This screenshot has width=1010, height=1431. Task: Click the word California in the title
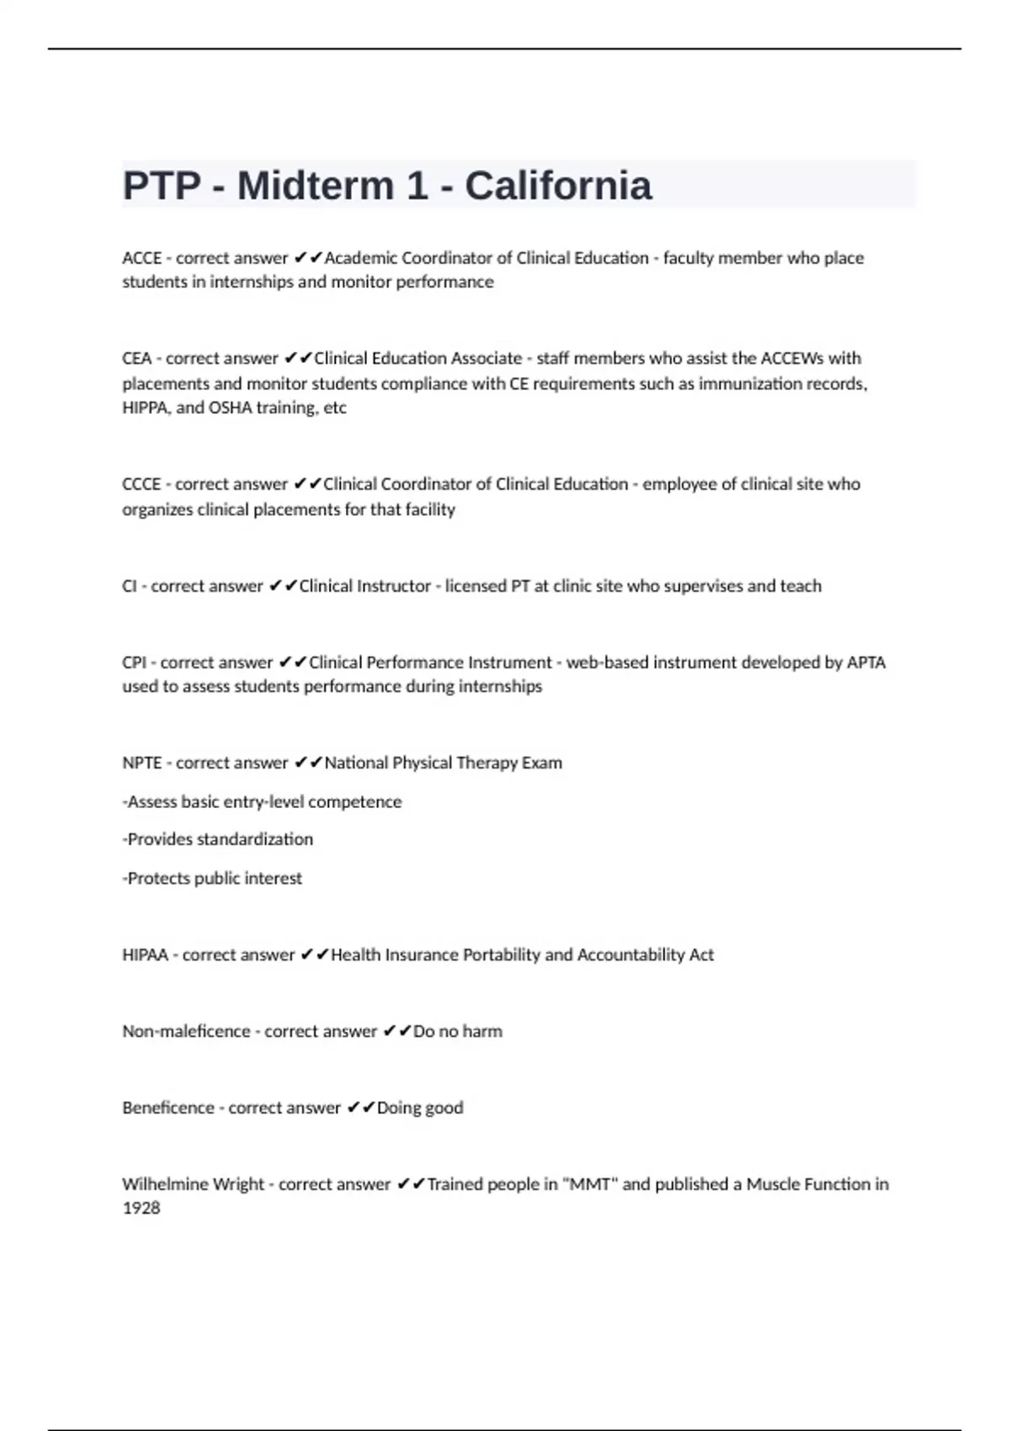click(x=558, y=186)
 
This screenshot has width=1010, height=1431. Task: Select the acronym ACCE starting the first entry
click(x=141, y=258)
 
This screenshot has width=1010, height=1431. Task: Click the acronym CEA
click(x=136, y=359)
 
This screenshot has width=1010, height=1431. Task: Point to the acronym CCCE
click(x=141, y=484)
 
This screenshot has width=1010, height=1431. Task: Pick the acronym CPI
click(x=134, y=662)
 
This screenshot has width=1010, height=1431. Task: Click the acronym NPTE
click(x=141, y=763)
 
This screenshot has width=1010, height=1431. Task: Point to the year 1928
click(x=141, y=1208)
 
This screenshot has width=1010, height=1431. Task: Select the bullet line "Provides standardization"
click(x=218, y=839)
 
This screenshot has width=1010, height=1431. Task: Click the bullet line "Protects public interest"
click(x=212, y=878)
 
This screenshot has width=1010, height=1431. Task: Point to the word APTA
click(x=866, y=662)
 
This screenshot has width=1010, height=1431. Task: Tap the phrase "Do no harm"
click(x=457, y=1031)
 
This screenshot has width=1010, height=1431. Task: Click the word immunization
click(x=752, y=384)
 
